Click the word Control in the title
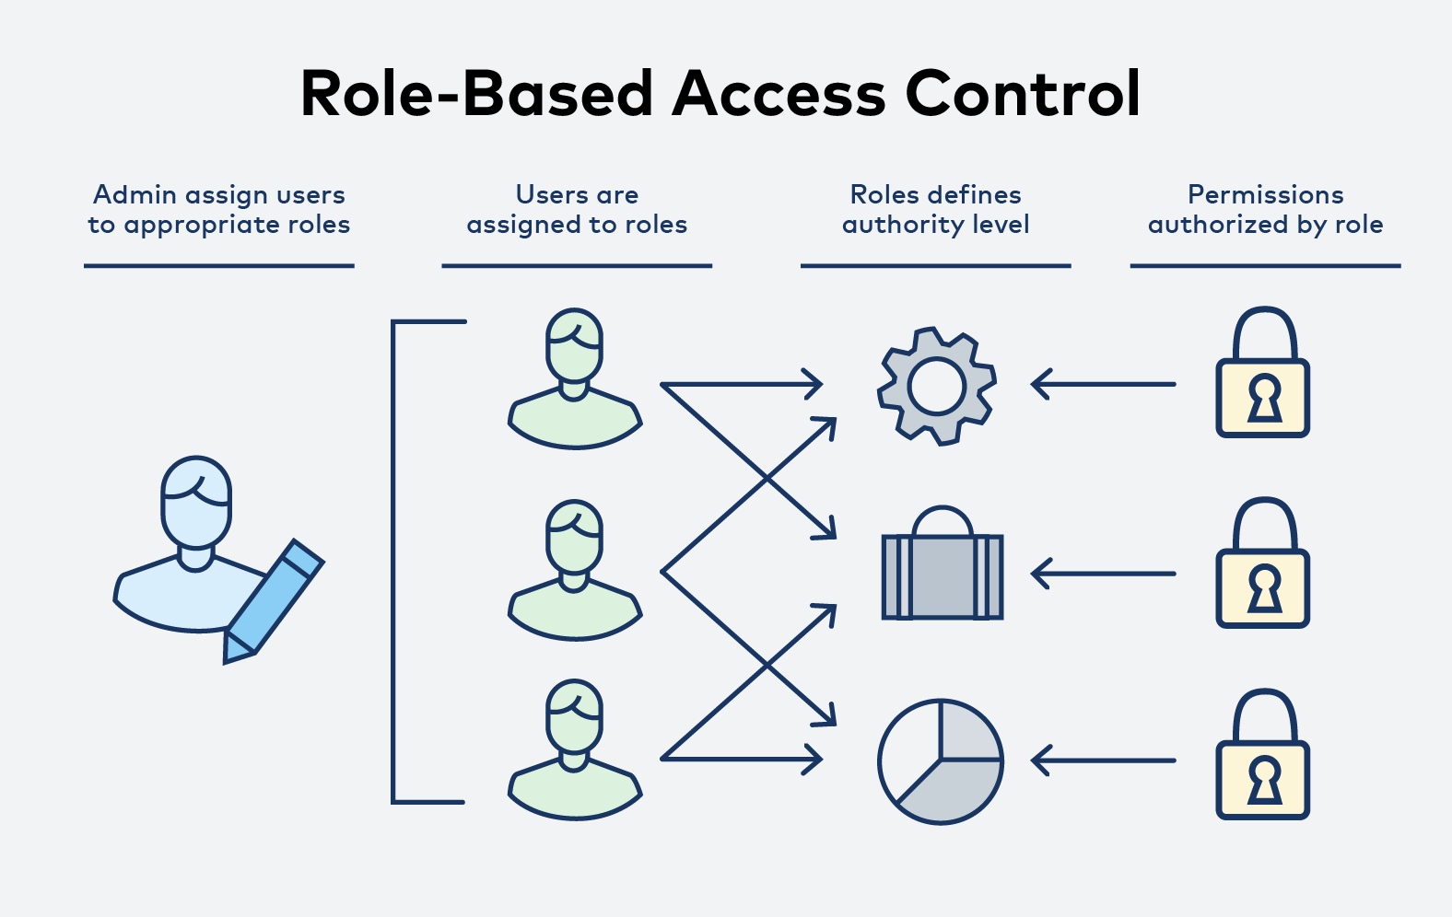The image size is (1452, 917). tap(1023, 94)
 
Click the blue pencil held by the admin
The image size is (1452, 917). tap(274, 598)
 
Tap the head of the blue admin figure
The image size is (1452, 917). tap(196, 503)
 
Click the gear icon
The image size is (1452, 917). tap(937, 386)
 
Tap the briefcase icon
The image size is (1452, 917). tap(942, 575)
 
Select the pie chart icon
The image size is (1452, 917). tap(941, 761)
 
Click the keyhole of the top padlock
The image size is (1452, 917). tap(1264, 400)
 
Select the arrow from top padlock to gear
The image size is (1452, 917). tap(1103, 384)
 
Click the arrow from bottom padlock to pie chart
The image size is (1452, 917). tap(1103, 760)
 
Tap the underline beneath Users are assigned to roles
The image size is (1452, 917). tap(577, 266)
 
